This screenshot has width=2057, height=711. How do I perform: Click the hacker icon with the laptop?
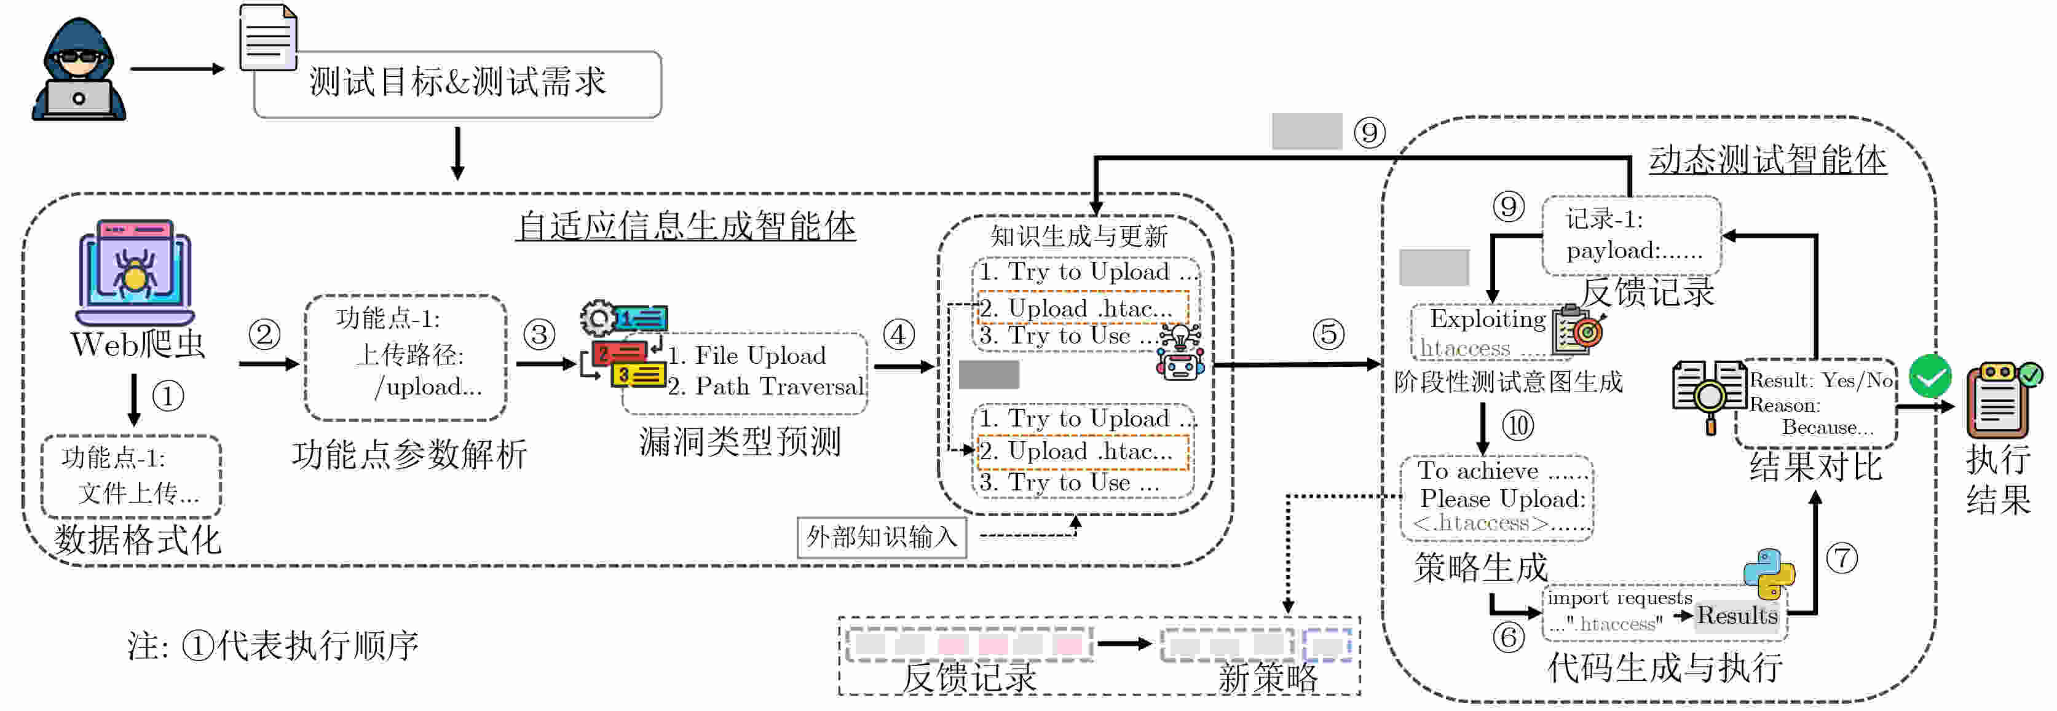click(78, 70)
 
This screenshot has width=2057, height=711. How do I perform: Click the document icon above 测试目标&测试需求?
click(268, 37)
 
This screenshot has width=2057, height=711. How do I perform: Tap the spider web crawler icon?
click(135, 272)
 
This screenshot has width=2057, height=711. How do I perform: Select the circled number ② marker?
click(264, 334)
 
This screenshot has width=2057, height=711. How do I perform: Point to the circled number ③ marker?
click(539, 334)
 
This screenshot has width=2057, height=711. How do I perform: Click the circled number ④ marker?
click(898, 334)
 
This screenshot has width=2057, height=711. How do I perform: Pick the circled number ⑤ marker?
click(1329, 334)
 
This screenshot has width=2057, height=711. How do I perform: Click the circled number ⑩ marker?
click(1518, 425)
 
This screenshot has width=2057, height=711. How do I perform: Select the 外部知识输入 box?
click(882, 537)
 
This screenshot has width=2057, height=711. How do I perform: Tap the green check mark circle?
click(1930, 376)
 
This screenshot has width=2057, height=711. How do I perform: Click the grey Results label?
click(1737, 615)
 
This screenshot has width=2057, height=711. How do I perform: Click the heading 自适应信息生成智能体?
click(686, 226)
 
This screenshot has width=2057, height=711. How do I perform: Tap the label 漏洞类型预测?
click(740, 441)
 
